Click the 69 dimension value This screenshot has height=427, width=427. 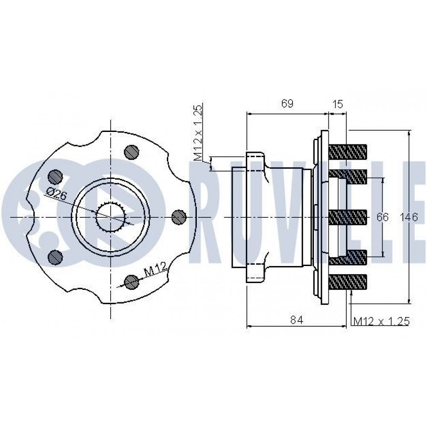tap(287, 103)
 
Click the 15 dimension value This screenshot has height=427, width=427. tap(338, 104)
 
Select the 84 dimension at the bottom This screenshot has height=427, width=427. tap(297, 320)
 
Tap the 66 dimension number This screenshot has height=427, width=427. tap(382, 217)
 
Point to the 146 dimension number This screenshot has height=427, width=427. tap(409, 217)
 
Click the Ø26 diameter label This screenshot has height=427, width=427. tap(56, 194)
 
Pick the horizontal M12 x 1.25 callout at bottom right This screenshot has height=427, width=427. tap(381, 322)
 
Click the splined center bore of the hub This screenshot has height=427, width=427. tap(111, 217)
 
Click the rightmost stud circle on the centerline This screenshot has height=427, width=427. tap(179, 217)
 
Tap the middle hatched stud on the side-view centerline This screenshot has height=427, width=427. tap(348, 217)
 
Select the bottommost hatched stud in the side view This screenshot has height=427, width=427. tap(348, 282)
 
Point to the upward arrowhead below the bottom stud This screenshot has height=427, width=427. tap(352, 293)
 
